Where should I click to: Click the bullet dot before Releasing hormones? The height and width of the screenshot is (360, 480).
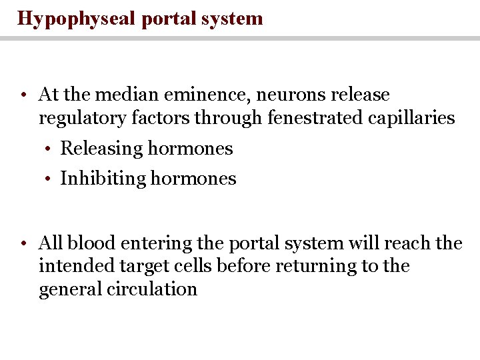pos(50,149)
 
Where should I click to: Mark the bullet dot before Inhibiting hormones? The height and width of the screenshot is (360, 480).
pos(50,179)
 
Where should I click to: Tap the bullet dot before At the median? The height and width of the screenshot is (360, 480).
pos(23,95)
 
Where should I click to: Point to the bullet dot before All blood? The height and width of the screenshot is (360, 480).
pos(23,243)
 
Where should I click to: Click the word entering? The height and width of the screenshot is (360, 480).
pos(151,244)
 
